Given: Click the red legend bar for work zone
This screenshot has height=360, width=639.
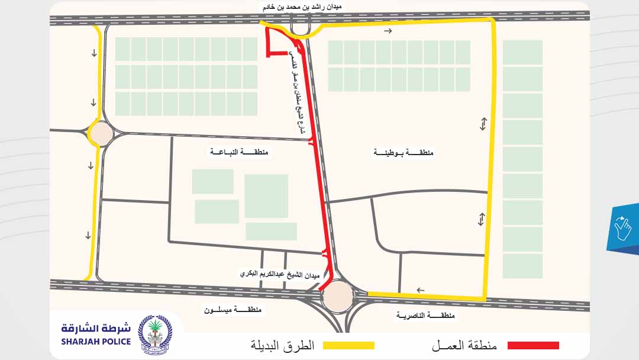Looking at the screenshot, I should [x=529, y=345].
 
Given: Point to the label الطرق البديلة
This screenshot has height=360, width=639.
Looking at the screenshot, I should [x=282, y=345].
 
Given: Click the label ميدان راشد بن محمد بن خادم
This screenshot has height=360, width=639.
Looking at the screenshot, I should [x=302, y=7].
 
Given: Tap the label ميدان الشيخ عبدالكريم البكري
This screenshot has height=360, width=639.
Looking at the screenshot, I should [x=279, y=275].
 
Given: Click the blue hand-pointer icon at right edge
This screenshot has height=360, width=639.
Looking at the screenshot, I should [x=623, y=229].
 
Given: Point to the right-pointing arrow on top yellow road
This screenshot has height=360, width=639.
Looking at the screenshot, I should [x=388, y=31].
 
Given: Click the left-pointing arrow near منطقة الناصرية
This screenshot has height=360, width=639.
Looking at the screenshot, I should [x=420, y=290].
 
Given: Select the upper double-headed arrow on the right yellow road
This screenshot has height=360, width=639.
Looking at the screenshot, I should [x=483, y=124].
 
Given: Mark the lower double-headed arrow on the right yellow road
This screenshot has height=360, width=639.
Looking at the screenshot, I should [x=482, y=219].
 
